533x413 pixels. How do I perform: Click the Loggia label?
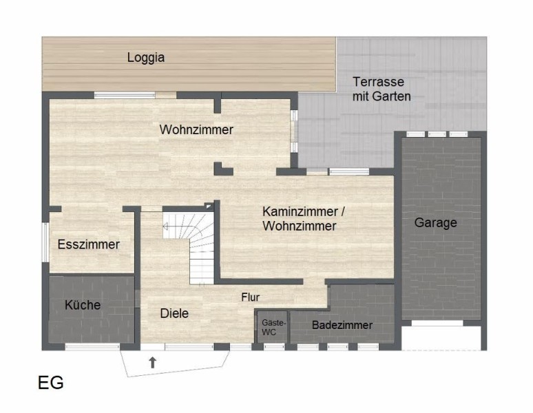pos(146,57)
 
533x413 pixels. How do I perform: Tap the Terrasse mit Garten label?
pos(382,89)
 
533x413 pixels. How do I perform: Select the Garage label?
pos(435,223)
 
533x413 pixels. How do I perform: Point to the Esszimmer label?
pos(88,244)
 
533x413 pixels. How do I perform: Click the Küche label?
pos(83,305)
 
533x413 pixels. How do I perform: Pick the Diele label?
pos(174,313)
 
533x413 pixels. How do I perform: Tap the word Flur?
pos(251,297)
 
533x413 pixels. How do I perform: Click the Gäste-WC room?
pos(272,327)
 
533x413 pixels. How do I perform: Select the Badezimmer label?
pos(342,325)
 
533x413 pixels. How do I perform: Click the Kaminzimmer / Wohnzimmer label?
pos(304,219)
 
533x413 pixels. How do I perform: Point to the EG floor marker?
pos(51,383)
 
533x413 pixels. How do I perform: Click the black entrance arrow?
pos(153,363)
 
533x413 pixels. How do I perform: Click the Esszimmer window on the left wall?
pos(45,242)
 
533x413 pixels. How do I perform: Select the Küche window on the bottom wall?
pos(92,347)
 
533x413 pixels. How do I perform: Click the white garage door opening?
pos(437,323)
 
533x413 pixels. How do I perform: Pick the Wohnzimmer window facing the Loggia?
pos(125,95)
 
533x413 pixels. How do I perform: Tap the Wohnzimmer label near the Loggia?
pos(196,129)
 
